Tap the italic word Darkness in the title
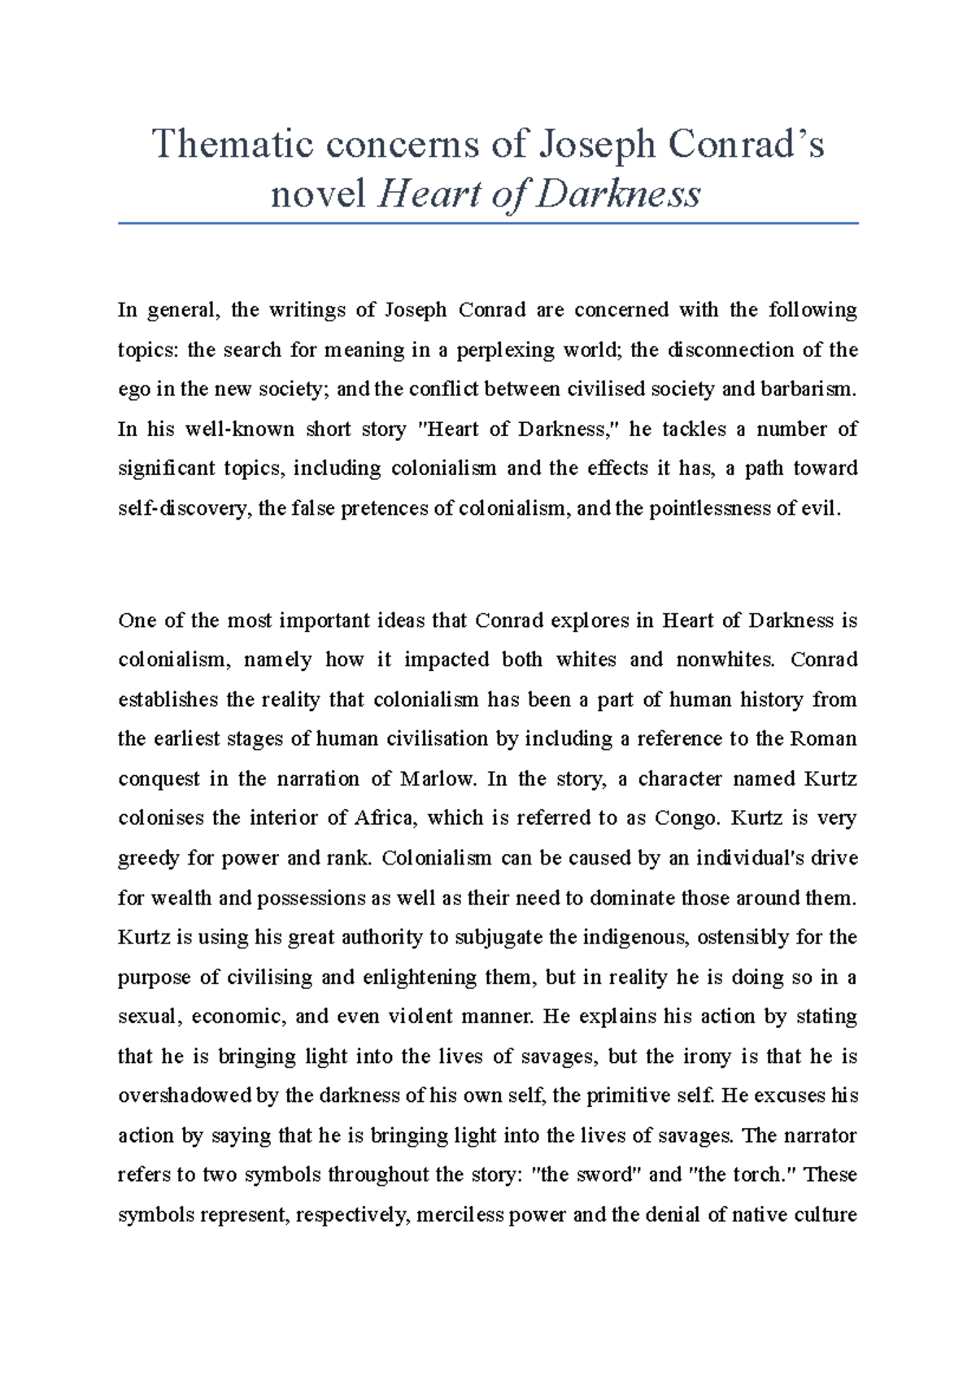(x=618, y=195)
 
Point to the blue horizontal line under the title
(x=488, y=223)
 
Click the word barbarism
(x=808, y=390)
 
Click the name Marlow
(x=438, y=779)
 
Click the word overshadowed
(x=186, y=1096)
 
